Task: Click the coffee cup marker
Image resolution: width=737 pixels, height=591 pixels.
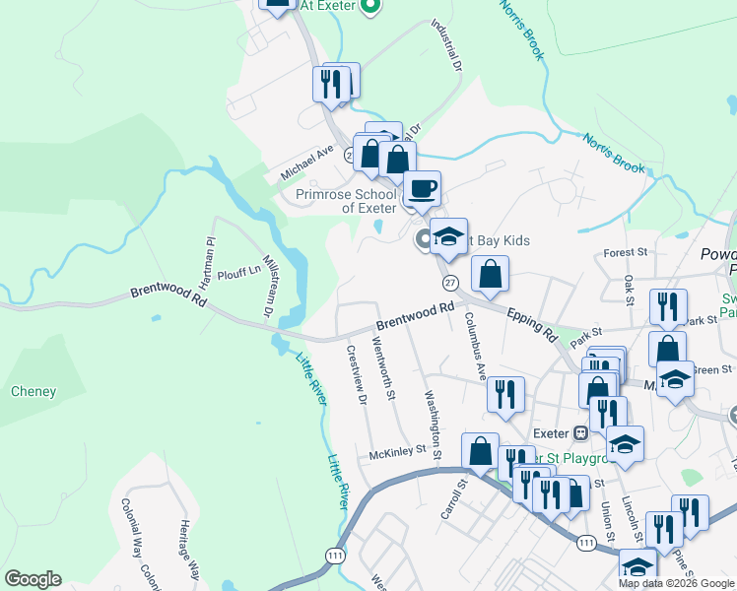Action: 422,187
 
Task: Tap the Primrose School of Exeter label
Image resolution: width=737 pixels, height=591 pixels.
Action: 346,201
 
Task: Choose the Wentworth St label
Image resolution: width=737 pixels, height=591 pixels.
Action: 384,367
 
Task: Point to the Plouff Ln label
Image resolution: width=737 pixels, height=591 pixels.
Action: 239,268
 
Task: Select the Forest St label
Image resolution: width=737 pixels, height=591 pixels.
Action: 625,252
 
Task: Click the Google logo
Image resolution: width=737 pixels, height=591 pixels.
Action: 33,579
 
